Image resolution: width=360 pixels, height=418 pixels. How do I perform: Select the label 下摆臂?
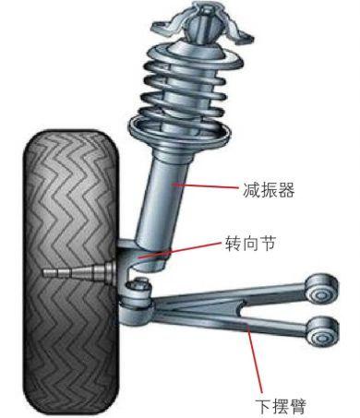point(280,404)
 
